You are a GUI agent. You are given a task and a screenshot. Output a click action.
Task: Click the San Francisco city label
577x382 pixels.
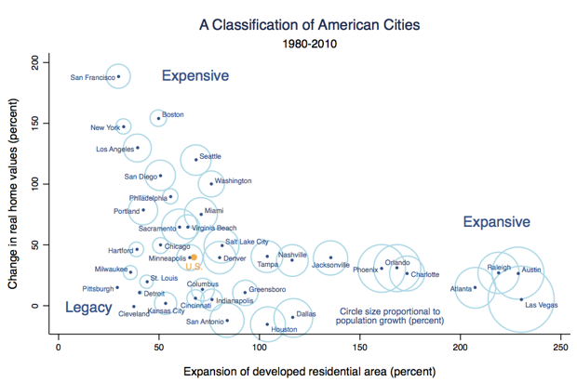[x=92, y=77]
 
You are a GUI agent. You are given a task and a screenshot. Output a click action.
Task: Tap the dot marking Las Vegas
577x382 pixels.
[x=522, y=299]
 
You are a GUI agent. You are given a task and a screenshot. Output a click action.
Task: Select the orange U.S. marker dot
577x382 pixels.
[x=194, y=257]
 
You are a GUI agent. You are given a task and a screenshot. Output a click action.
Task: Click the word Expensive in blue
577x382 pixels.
[x=196, y=76]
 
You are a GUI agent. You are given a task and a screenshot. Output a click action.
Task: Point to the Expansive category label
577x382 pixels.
[x=496, y=222]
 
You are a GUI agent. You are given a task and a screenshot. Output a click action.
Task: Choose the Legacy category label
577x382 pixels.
[x=88, y=308]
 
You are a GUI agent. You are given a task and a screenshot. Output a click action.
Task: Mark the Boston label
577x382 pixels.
[x=173, y=115]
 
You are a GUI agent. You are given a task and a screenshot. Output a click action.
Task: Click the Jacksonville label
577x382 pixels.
[x=330, y=266]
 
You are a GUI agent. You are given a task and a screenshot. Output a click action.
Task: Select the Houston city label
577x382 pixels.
[x=284, y=329]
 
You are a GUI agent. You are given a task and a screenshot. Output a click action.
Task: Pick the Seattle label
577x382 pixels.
[x=210, y=156]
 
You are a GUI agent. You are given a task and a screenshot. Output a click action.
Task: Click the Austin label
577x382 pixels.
[x=530, y=270]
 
